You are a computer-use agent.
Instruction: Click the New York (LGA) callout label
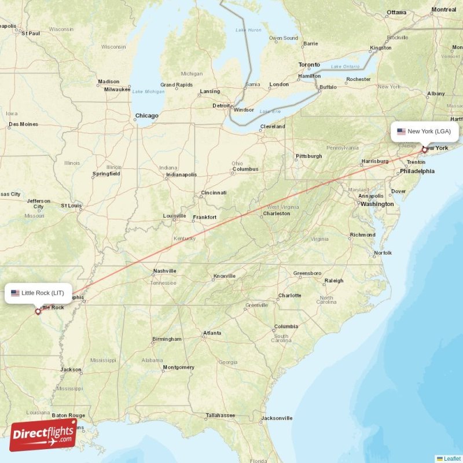click(x=426, y=131)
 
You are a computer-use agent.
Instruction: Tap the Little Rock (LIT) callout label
click(x=39, y=293)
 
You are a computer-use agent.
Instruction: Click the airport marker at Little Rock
click(x=38, y=311)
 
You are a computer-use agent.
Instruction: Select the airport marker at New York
click(x=424, y=150)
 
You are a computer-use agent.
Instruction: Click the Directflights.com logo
click(x=43, y=435)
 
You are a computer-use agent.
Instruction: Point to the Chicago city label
click(x=146, y=116)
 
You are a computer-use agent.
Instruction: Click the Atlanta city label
click(x=212, y=333)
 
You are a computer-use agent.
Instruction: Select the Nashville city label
click(x=164, y=271)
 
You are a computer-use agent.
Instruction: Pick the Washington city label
click(x=377, y=204)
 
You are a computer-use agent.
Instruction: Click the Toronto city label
click(x=309, y=65)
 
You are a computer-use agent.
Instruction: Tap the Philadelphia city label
click(x=417, y=171)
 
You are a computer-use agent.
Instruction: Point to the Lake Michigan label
click(x=148, y=91)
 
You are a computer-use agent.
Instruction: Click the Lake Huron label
click(x=248, y=30)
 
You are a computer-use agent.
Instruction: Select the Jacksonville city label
click(x=276, y=418)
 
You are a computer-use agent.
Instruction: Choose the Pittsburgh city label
click(x=308, y=156)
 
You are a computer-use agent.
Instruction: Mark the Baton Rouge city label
click(x=68, y=416)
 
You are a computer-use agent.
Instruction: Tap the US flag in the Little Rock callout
click(x=15, y=293)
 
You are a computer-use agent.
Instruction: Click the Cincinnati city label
click(x=214, y=193)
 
